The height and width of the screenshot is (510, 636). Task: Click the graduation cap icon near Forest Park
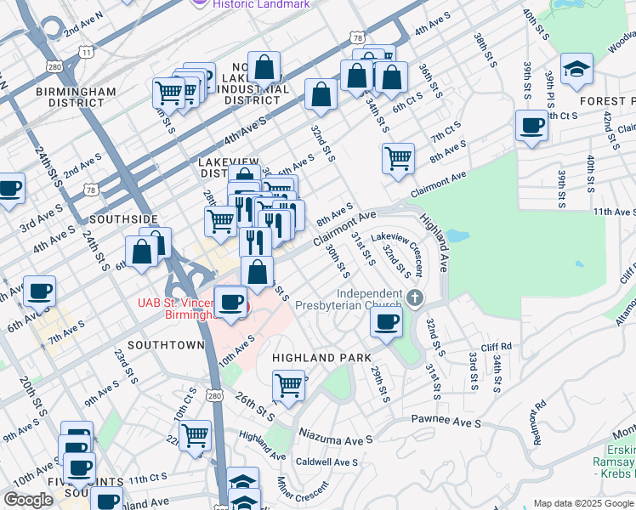click(576, 69)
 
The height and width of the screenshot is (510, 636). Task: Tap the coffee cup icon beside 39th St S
click(532, 126)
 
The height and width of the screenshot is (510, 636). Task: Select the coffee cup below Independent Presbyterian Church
click(386, 322)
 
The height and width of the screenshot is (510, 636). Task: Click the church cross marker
click(415, 297)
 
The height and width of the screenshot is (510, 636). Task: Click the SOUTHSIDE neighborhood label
click(124, 219)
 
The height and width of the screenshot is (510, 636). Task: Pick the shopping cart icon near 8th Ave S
click(398, 158)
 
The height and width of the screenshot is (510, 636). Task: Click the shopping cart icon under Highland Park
click(289, 385)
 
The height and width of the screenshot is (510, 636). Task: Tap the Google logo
click(28, 500)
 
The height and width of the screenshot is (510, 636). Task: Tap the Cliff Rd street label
click(496, 347)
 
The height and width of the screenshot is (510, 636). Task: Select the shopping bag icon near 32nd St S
click(321, 95)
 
